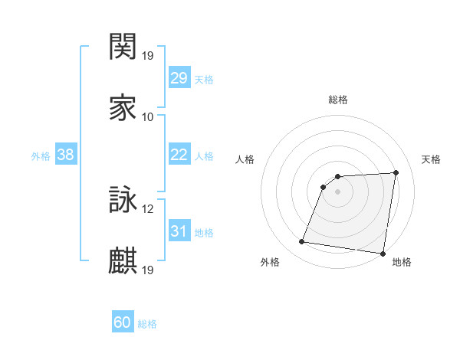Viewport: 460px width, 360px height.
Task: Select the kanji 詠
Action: click(x=123, y=201)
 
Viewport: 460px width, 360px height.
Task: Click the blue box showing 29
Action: click(x=179, y=78)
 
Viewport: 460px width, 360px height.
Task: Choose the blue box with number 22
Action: click(x=179, y=155)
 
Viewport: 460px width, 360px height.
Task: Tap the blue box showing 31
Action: click(x=179, y=231)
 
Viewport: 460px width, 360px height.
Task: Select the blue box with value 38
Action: click(x=65, y=155)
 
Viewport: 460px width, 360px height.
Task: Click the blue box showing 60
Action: click(x=123, y=322)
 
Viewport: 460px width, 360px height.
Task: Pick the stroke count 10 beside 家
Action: click(x=148, y=117)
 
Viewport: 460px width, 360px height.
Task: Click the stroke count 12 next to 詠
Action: click(x=148, y=209)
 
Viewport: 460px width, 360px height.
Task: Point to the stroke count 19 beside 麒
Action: click(x=148, y=270)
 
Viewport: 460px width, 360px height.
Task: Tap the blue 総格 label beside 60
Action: click(x=147, y=324)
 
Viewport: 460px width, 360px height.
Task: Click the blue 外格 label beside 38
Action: click(x=41, y=156)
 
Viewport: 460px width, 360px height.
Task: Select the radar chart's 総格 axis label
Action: click(x=337, y=100)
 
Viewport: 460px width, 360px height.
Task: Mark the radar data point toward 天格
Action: click(x=396, y=172)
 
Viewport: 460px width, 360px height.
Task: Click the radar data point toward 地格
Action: click(x=383, y=254)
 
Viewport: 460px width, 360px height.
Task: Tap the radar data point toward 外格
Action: click(x=302, y=242)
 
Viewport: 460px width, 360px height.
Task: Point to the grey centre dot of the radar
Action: click(x=337, y=191)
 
